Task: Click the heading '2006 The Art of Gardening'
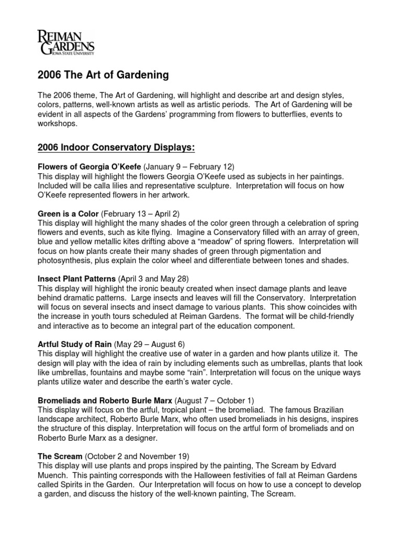103,75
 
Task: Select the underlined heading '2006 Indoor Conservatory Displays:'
116,148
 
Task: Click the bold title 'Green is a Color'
68,215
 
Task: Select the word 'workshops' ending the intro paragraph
58,125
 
